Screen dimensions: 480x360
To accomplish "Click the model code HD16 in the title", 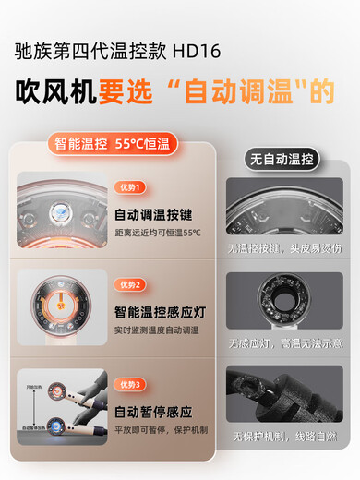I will [202, 50].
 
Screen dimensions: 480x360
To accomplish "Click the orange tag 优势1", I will [131, 187].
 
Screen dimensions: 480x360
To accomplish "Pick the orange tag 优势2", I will [131, 285].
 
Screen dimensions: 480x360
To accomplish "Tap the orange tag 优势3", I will [131, 384].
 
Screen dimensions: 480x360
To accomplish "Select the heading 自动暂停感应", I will [152, 412].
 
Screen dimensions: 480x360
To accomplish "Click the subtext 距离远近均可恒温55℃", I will [157, 232].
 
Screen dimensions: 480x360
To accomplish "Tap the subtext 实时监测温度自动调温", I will [158, 330].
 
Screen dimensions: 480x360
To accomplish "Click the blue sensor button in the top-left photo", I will [59, 209].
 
